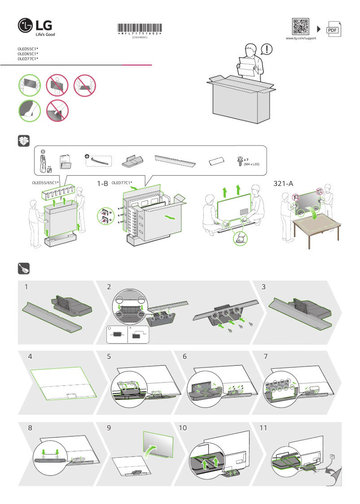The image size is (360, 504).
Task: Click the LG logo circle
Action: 25,26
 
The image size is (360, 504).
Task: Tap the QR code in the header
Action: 301,27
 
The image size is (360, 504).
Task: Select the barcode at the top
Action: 140,28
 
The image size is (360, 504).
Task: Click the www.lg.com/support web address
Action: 301,39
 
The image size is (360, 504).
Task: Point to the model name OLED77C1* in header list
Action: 28,59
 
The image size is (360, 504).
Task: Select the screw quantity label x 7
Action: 246,159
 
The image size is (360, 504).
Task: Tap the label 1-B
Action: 103,183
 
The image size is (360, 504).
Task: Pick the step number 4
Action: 30,357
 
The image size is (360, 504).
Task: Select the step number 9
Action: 109,428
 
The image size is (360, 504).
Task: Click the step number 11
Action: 263,428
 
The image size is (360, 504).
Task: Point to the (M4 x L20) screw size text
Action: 252,164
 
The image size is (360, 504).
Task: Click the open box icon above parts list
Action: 24,141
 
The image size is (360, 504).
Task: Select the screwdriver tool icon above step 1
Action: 24,268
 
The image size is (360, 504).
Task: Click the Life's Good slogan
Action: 45,34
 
